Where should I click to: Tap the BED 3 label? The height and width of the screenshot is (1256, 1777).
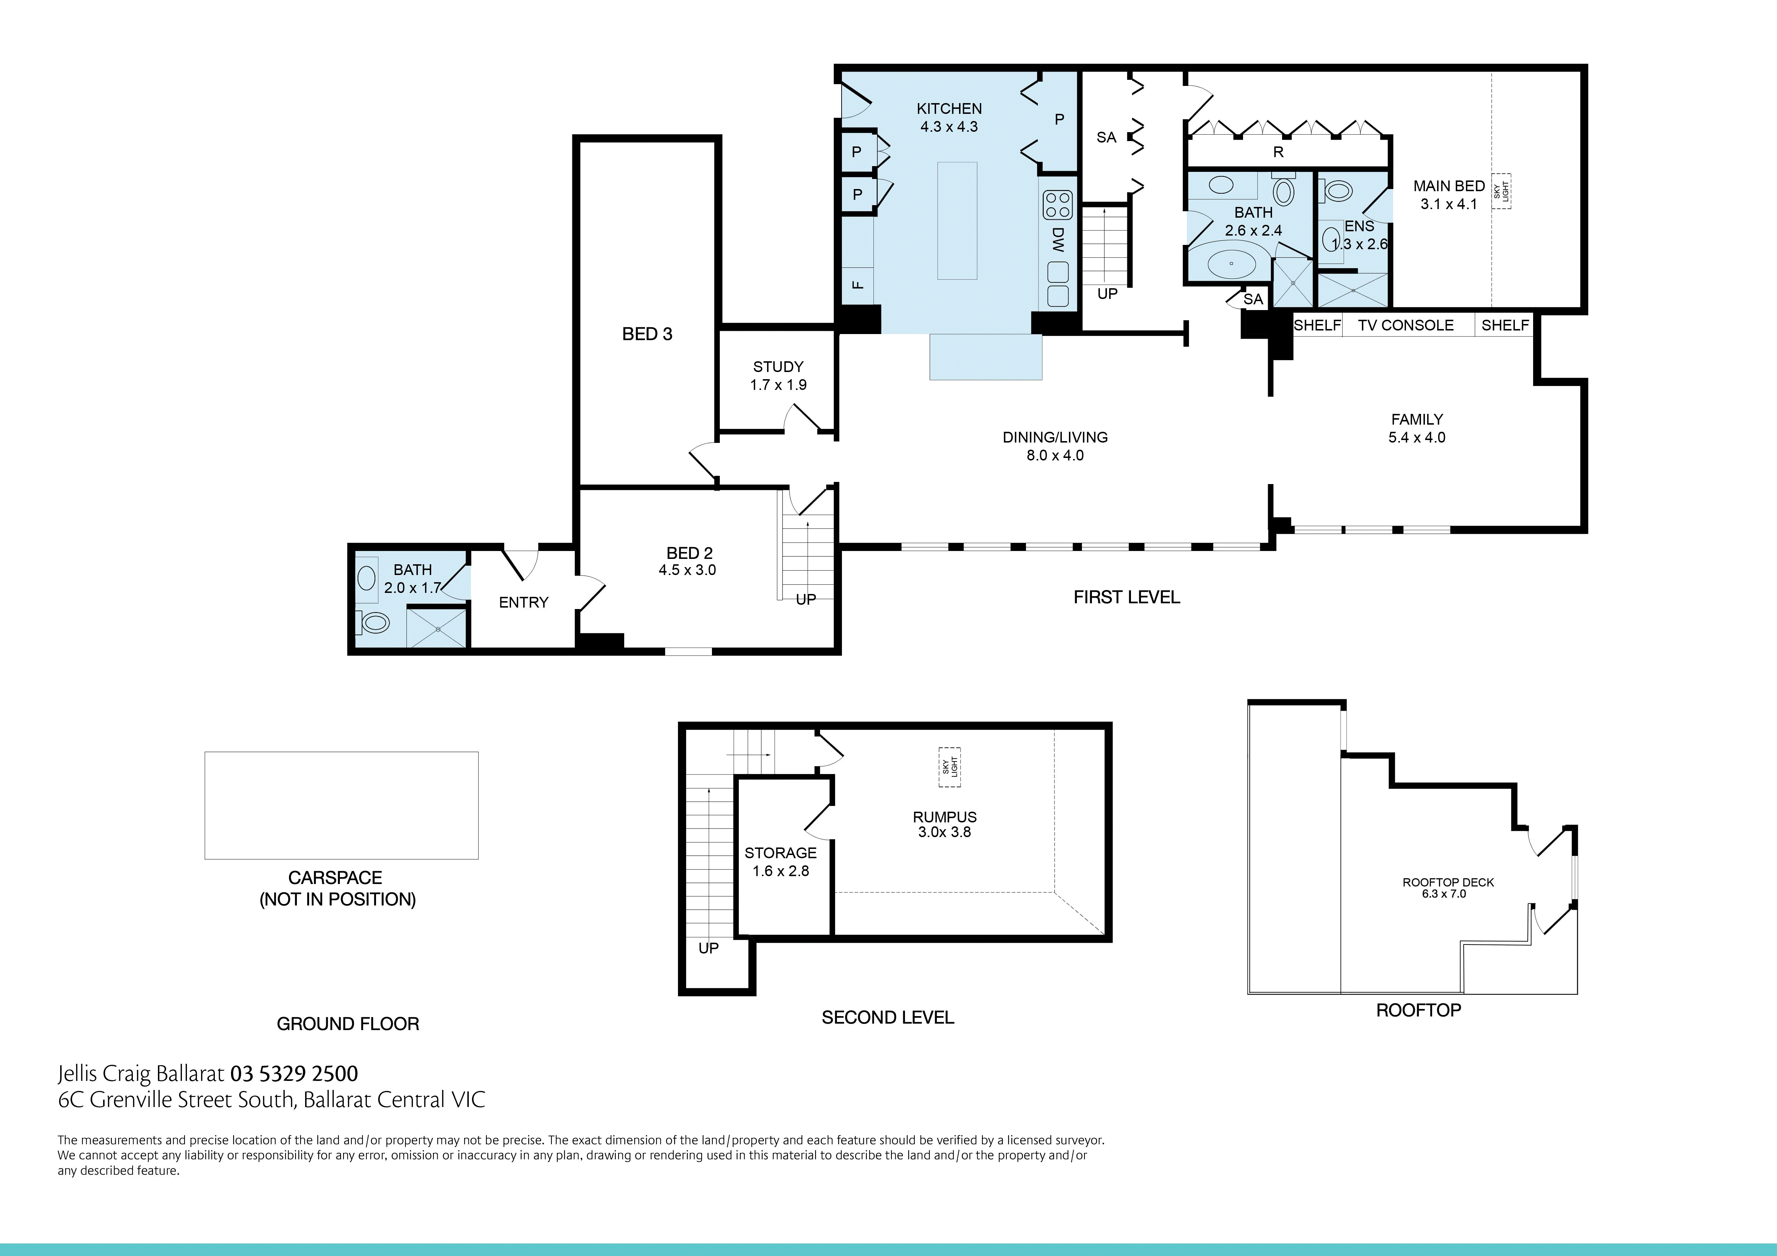click(x=647, y=334)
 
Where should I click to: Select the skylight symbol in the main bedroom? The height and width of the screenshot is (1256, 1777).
click(x=1502, y=190)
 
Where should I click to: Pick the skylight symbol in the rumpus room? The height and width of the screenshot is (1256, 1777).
click(x=950, y=767)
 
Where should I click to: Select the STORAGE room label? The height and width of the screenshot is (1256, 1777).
click(x=780, y=853)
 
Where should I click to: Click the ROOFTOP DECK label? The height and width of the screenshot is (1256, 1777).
click(x=1448, y=882)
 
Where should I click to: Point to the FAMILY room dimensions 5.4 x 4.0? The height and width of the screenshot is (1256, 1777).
click(x=1416, y=437)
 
